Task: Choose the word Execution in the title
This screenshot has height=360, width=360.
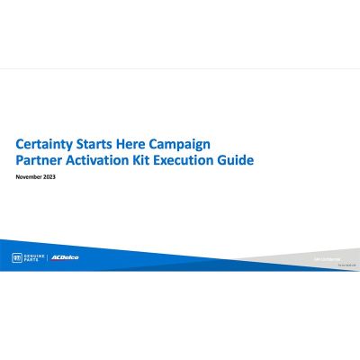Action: click(x=189, y=161)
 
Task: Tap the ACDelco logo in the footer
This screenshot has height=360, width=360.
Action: click(x=65, y=257)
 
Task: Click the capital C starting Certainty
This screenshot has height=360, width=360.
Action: click(x=20, y=144)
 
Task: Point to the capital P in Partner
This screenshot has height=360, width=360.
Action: click(x=20, y=161)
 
